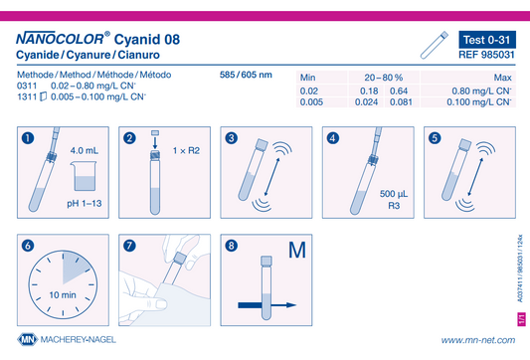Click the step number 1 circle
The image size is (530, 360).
pos(28,138)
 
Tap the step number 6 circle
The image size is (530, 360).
pos(28,246)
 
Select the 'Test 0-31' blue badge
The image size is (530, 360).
pos(487,40)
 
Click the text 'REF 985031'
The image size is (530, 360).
pos(486,55)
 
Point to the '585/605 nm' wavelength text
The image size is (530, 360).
pos(246,75)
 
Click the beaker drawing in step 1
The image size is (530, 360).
pos(84,176)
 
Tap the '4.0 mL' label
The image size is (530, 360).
pos(85,150)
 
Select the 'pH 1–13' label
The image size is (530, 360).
pos(85,204)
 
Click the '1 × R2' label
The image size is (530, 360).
pos(186,150)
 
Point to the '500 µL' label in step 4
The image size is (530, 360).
pos(394,194)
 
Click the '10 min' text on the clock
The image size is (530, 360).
pos(63,295)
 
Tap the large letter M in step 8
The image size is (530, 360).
pos(297,251)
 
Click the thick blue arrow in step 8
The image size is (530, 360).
pos(267,305)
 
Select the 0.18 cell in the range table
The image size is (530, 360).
pos(369,91)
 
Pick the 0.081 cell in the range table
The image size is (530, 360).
pos(401,102)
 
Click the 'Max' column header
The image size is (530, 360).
pos(502,78)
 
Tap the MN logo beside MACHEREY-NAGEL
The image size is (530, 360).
pos(28,339)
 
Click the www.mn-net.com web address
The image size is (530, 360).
pos(478,340)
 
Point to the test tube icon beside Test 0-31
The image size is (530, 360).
pos(435,46)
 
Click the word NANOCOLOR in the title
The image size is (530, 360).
pos(60,39)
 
